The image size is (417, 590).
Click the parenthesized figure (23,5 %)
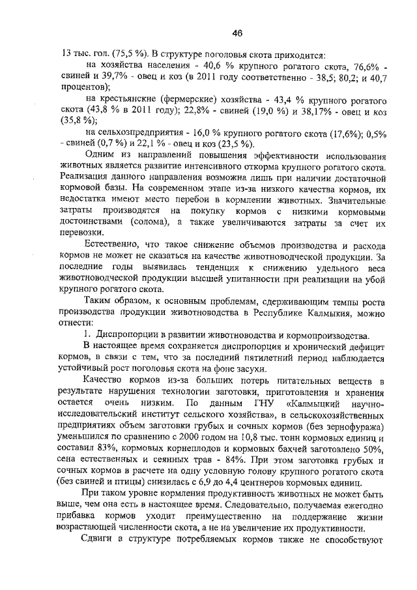[237, 144]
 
